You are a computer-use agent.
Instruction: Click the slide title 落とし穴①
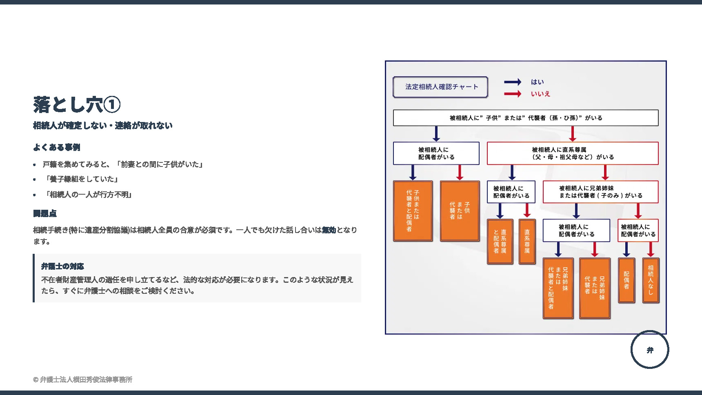pos(77,104)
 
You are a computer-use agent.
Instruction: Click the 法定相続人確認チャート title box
pos(440,87)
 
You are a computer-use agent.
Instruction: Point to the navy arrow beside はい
pos(512,82)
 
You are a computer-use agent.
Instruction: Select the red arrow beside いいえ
pos(512,94)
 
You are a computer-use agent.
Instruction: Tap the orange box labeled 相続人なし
pos(651,280)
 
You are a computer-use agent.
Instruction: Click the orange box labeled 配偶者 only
pos(626,280)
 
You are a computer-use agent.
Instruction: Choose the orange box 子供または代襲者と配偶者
pos(413,211)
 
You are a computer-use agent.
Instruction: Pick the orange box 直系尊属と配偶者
pos(500,241)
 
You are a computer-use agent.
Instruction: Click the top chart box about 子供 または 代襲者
pos(526,118)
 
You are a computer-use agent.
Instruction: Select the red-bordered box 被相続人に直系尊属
pos(572,153)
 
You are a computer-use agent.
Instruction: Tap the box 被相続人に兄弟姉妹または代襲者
pos(600,192)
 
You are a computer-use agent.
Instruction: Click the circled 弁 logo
pos(650,350)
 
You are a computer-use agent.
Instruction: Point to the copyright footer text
pos(83,379)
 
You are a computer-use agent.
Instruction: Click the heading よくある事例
pos(57,147)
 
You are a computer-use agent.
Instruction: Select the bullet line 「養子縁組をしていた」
pos(82,179)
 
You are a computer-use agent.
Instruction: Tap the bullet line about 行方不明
pos(89,195)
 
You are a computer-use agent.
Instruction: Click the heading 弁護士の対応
pos(62,266)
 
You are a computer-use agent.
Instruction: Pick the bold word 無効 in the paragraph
pos(329,230)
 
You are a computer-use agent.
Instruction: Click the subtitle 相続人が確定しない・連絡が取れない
pos(103,126)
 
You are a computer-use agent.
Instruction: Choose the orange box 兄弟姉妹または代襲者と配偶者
pos(558,288)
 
